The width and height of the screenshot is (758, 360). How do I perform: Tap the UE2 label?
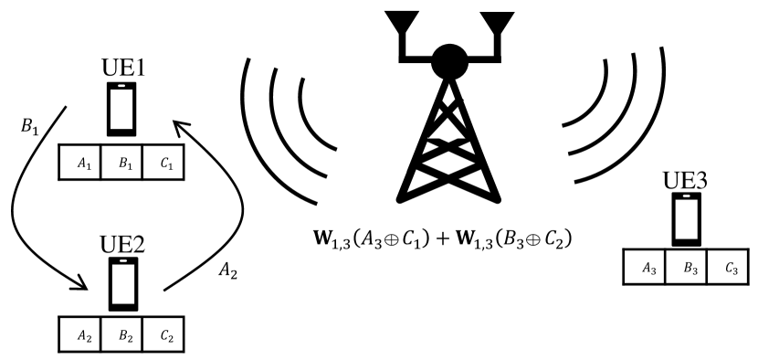(122, 245)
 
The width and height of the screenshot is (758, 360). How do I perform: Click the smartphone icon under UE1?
(122, 109)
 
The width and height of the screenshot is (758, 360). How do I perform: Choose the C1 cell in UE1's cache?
(165, 162)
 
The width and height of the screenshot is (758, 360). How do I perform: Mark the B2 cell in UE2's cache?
(122, 334)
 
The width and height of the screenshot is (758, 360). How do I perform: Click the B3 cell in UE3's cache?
(687, 269)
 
